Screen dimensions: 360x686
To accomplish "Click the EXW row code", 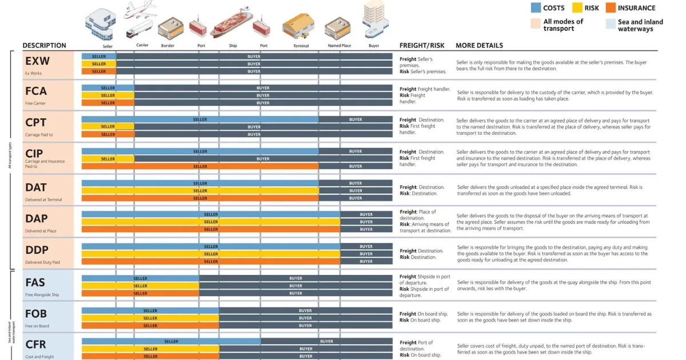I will click(37, 61).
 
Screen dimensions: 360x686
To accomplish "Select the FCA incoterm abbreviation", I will click(36, 91).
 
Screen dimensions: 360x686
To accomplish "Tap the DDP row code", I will click(37, 250).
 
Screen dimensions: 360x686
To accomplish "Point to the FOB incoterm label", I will click(36, 314).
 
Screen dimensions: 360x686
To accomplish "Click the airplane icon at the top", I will click(141, 10).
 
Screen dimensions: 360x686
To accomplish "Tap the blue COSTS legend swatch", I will click(536, 8).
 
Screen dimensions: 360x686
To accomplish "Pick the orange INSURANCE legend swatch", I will click(609, 8).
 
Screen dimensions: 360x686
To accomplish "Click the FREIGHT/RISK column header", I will click(421, 46).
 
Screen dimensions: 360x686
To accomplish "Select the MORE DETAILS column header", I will click(479, 46).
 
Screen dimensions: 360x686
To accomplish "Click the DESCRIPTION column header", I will click(44, 46).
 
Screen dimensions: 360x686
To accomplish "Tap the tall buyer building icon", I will click(373, 19).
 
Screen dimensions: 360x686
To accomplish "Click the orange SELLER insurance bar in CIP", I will click(200, 166).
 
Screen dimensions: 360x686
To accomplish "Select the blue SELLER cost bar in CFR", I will click(171, 341).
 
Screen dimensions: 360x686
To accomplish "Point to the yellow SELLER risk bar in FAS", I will click(140, 286).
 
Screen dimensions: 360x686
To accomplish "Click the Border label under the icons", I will click(168, 46).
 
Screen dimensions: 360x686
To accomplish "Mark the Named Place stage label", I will click(339, 46).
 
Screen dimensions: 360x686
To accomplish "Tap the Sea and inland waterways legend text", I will click(640, 26).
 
